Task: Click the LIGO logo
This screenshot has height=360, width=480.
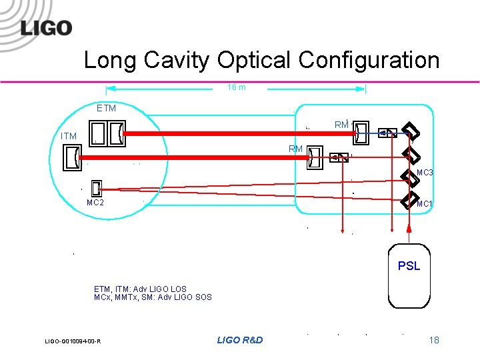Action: [x=45, y=28]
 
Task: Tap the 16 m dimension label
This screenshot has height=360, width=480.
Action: [x=237, y=87]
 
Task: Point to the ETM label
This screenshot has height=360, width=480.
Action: [x=106, y=108]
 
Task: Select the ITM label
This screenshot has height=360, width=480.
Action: [x=69, y=136]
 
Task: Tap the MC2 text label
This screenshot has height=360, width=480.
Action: [x=95, y=203]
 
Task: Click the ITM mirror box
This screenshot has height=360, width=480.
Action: [x=69, y=157]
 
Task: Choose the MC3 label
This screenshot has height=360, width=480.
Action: [x=425, y=173]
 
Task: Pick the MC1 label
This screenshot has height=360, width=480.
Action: [x=425, y=203]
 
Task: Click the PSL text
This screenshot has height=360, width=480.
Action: [x=409, y=265]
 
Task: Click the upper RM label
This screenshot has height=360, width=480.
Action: [x=341, y=125]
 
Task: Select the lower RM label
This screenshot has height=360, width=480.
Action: [x=296, y=149]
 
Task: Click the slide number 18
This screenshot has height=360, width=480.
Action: [x=434, y=340]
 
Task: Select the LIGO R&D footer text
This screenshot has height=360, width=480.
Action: [x=240, y=340]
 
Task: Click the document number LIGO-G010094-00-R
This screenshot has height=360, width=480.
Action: [x=73, y=341]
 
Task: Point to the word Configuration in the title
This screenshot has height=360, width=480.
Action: [x=369, y=60]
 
